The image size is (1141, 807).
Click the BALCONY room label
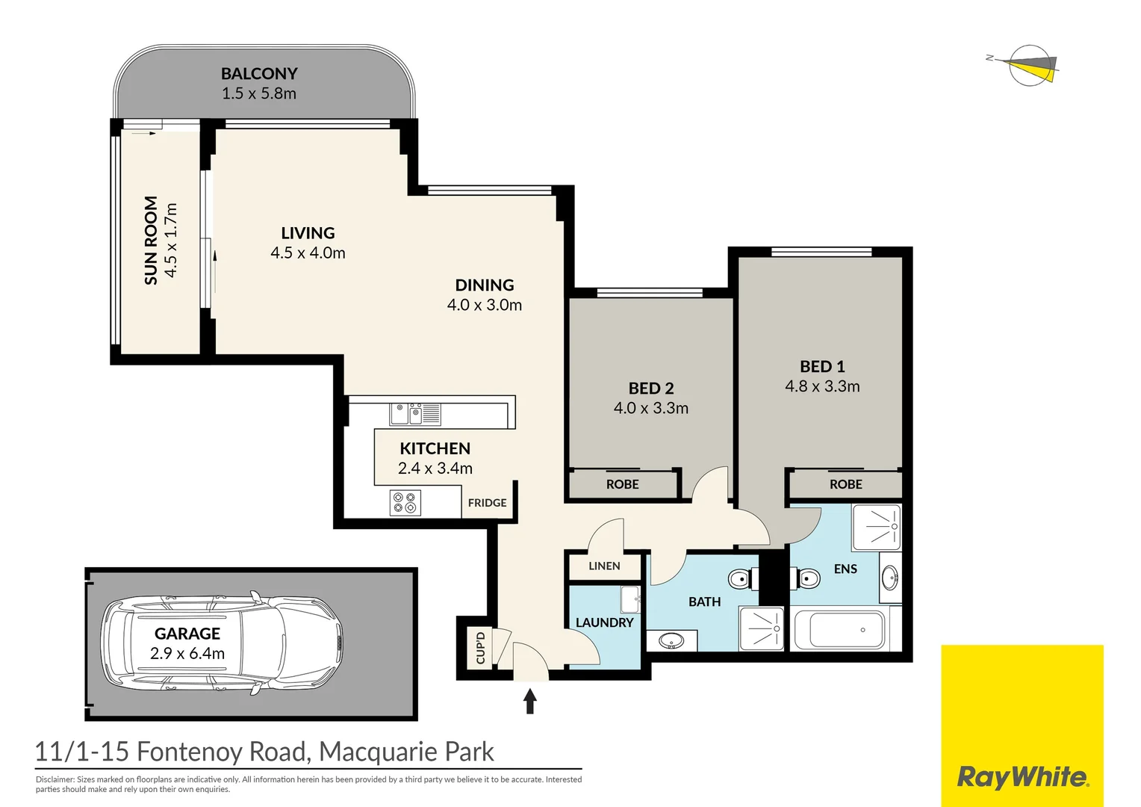pos(259,74)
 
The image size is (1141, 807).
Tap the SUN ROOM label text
pos(151,241)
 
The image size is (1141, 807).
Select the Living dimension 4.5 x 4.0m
pos(308,253)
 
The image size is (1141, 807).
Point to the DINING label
pos(485,285)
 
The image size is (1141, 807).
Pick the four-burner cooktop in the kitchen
pos(405,503)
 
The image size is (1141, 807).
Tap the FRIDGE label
pos(487,503)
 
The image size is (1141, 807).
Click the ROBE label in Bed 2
pos(622,484)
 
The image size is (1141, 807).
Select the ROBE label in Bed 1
pos(845,484)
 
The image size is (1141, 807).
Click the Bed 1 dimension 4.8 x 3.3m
pos(822,386)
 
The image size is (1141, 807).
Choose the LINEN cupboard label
pos(604,566)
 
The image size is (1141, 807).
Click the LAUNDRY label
pos(604,622)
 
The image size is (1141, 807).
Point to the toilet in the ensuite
pos(806,578)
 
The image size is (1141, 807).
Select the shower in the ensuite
pos(877,527)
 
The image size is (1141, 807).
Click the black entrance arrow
pos(530,701)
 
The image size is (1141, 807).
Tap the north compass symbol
pos(1030,66)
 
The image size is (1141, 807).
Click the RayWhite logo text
pos(1022,777)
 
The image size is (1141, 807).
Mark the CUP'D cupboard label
pos(480,647)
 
